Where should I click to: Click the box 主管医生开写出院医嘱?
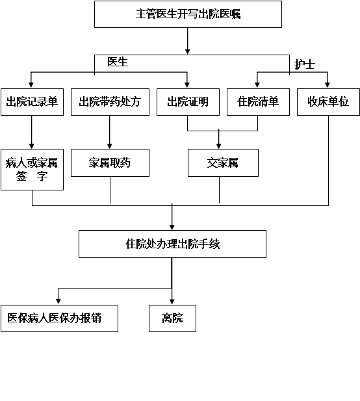(x=188, y=14)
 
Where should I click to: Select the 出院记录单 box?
(x=32, y=102)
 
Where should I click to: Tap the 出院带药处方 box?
(x=110, y=102)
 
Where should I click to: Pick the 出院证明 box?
(x=188, y=102)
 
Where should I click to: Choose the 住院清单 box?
(x=258, y=102)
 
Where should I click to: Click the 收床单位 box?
(x=328, y=102)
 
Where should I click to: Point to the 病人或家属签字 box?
(x=32, y=170)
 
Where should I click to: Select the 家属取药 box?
(x=110, y=162)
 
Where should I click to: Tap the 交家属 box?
(x=223, y=162)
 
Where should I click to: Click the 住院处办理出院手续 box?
(x=172, y=244)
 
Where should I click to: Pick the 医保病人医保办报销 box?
(x=59, y=318)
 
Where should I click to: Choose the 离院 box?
(x=172, y=318)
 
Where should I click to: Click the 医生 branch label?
(x=118, y=62)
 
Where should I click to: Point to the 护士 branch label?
(x=304, y=64)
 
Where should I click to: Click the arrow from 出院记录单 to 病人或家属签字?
(x=32, y=132)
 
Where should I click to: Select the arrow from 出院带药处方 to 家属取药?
(x=110, y=132)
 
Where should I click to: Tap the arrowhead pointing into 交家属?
(x=218, y=146)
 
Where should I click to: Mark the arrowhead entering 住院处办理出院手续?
(x=172, y=227)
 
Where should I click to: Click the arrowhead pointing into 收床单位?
(x=328, y=85)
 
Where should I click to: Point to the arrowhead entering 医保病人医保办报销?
(x=58, y=302)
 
